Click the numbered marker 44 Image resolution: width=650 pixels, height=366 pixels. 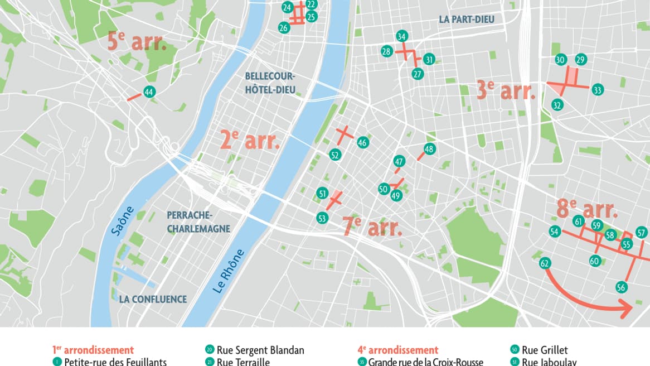point(148,92)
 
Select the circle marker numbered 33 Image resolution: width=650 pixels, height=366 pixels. point(598,90)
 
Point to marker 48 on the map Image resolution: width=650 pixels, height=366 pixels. point(429,149)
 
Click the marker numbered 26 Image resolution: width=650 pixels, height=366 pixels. point(284,27)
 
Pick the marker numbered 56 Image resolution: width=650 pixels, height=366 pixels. point(622,287)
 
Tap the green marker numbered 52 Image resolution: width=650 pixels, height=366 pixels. point(335,155)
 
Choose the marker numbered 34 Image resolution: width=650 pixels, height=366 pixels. point(401,37)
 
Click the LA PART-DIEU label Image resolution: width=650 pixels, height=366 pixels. point(466,20)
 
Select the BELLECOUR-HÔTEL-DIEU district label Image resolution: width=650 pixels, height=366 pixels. point(270,83)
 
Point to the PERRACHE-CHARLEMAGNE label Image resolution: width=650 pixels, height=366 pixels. point(198,221)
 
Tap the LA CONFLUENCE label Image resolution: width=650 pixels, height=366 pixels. point(153,300)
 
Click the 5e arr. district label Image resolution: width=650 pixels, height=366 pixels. point(137,41)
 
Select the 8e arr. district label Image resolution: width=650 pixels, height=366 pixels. point(586,209)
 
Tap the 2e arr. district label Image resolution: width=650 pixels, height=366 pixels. point(250,140)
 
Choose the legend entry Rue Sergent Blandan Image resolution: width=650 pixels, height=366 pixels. point(260,350)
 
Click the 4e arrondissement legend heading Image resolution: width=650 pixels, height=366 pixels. point(397,350)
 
